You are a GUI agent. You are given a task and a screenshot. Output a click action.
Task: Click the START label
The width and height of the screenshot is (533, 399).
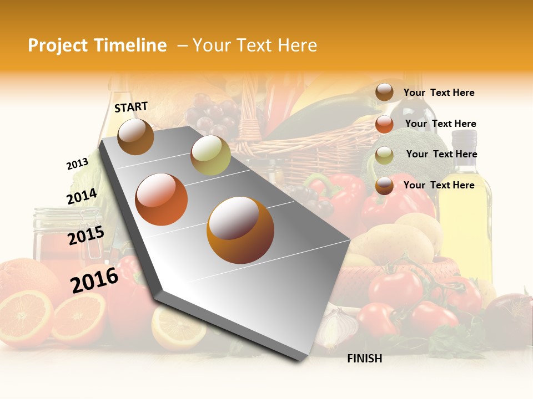tap(131, 107)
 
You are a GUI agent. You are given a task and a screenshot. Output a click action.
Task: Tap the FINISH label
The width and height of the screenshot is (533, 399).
tap(364, 359)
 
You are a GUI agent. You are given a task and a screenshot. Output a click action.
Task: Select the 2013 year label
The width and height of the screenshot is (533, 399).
tap(77, 164)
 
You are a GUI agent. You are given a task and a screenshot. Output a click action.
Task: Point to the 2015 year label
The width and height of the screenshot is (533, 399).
tap(86, 236)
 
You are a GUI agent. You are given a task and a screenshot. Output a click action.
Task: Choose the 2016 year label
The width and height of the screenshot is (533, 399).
tap(94, 280)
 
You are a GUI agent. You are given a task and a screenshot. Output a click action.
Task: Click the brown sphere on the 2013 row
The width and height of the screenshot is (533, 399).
tap(135, 136)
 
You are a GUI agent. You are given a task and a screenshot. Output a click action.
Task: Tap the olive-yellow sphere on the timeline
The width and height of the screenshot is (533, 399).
tap(210, 155)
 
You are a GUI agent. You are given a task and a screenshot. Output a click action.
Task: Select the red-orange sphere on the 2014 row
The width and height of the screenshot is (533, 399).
tap(161, 199)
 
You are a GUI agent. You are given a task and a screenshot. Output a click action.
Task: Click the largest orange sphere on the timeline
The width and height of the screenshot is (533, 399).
tap(240, 230)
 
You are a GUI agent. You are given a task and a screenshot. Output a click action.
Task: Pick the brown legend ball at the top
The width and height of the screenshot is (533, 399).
tap(384, 93)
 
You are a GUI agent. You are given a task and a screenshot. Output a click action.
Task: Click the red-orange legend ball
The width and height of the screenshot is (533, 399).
tap(384, 124)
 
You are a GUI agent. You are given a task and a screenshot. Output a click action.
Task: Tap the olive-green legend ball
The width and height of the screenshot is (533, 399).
tap(384, 155)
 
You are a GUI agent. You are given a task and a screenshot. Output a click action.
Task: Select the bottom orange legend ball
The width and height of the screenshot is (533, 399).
tap(384, 186)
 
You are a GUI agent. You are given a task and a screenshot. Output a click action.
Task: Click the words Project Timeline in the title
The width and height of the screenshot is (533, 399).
tap(97, 45)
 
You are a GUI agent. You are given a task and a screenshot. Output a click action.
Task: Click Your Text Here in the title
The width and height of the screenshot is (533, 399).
tap(255, 45)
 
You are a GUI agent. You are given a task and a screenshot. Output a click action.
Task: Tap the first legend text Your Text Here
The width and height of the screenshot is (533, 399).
tap(439, 93)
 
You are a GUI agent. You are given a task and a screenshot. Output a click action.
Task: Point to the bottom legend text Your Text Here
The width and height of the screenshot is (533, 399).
tap(439, 185)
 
